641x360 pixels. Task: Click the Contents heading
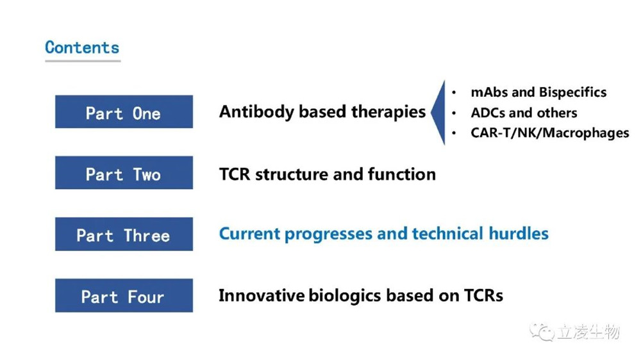(82, 47)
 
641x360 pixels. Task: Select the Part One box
(124, 111)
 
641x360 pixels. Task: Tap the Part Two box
(124, 172)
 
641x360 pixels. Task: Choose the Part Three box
(124, 234)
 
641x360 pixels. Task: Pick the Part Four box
(124, 295)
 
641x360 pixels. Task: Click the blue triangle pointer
(438, 112)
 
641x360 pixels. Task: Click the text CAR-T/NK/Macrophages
(550, 133)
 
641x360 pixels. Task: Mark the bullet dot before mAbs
(454, 92)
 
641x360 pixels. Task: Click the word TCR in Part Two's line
(235, 174)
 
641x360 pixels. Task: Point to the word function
(401, 174)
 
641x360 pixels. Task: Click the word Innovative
(262, 295)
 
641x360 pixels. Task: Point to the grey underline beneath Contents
(83, 61)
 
